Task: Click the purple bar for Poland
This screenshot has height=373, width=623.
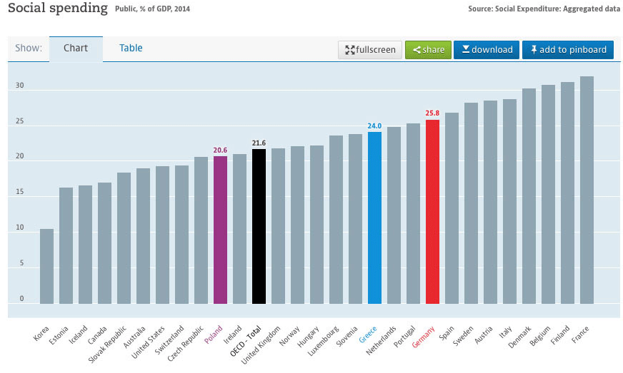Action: pyautogui.click(x=220, y=230)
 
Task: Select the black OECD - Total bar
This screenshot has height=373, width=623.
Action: pyautogui.click(x=259, y=226)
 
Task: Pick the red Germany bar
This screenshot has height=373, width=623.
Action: pyautogui.click(x=432, y=211)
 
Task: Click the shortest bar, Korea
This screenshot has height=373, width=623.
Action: pyautogui.click(x=46, y=266)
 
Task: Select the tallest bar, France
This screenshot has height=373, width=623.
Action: pyautogui.click(x=587, y=190)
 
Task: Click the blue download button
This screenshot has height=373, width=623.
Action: pyautogui.click(x=487, y=49)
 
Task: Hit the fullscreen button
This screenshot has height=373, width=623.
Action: pyautogui.click(x=370, y=50)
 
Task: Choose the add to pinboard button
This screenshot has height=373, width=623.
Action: pyautogui.click(x=568, y=49)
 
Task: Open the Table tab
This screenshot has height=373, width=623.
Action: pyautogui.click(x=131, y=48)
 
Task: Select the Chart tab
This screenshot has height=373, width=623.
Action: pyautogui.click(x=76, y=48)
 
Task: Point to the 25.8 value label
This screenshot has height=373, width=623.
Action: pyautogui.click(x=432, y=113)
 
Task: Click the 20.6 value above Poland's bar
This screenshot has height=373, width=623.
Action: pyautogui.click(x=220, y=150)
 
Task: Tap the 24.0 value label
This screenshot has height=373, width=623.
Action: pyautogui.click(x=374, y=126)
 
